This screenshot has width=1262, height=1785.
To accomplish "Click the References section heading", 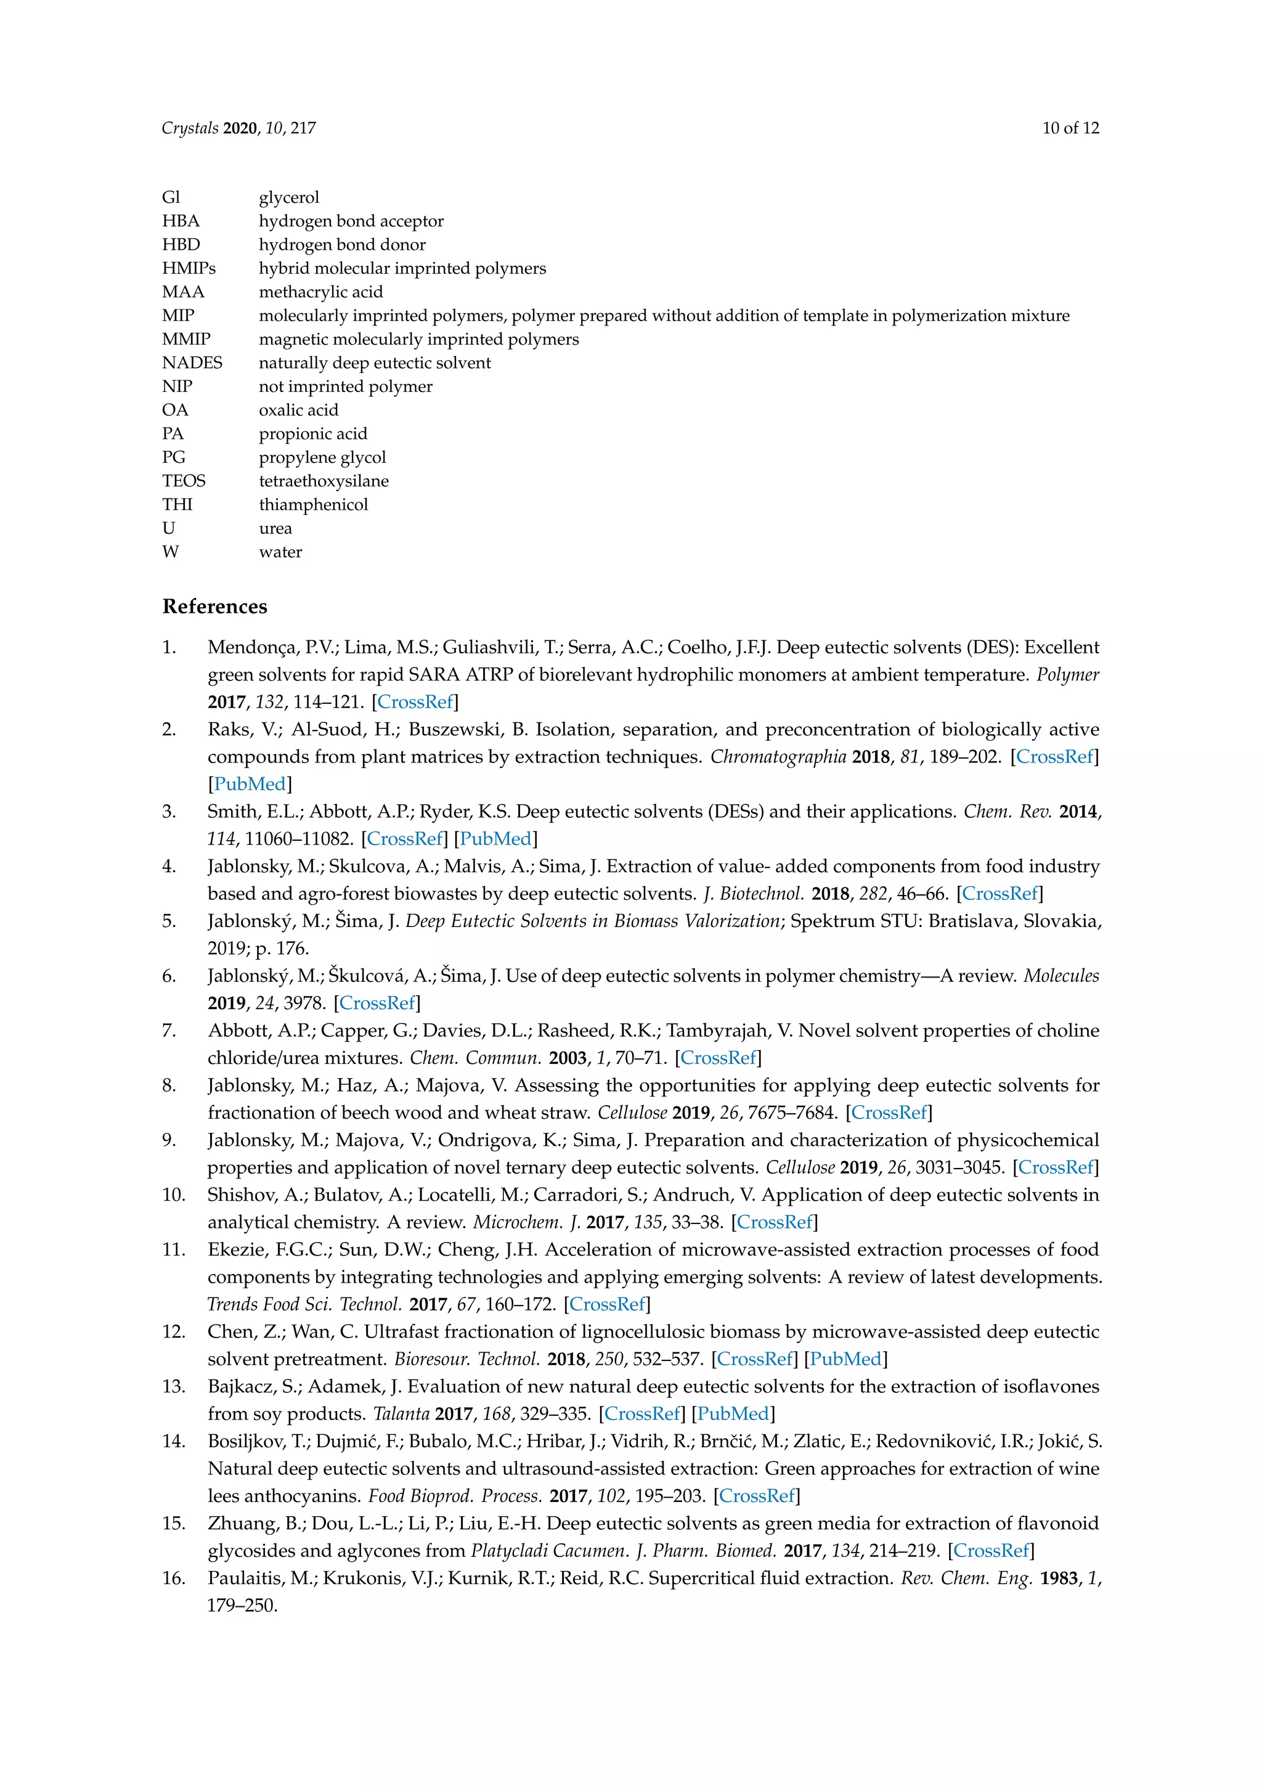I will point(214,607).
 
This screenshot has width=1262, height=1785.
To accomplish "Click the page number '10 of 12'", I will point(1070,128).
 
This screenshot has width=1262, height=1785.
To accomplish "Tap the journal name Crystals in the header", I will point(190,128).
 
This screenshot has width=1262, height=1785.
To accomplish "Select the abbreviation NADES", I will point(192,363).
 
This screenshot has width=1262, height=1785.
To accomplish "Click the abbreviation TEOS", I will point(184,481).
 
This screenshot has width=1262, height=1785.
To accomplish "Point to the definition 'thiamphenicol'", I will point(313,505).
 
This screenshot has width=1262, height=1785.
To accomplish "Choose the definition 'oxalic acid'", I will point(298,411).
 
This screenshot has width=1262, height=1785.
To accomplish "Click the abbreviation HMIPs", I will point(189,268).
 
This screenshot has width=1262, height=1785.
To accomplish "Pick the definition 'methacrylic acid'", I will point(320,292).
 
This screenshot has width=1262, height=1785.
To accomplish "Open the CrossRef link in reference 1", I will point(415,702).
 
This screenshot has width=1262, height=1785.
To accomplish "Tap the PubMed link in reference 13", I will point(733,1414).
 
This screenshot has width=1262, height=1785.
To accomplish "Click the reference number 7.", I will point(169,1031).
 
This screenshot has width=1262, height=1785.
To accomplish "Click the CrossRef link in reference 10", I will point(774,1222).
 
